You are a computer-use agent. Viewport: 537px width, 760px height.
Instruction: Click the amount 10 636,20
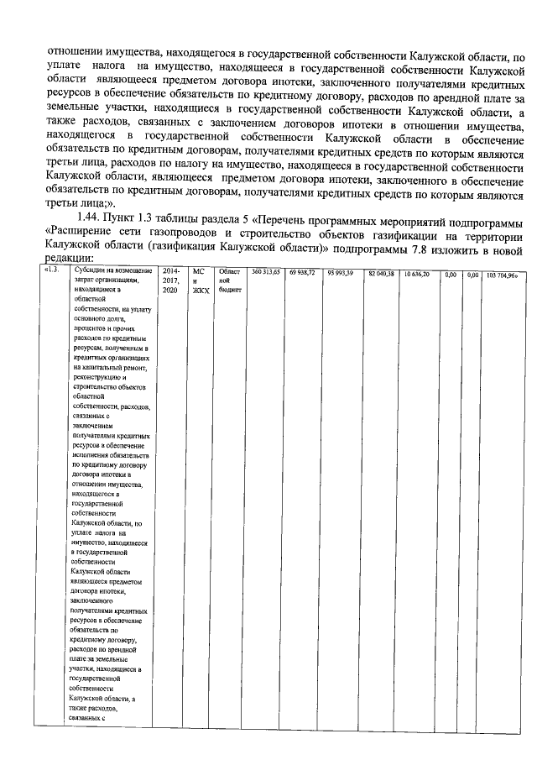(x=416, y=274)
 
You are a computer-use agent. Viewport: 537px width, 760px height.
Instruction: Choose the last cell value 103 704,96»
(x=503, y=274)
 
